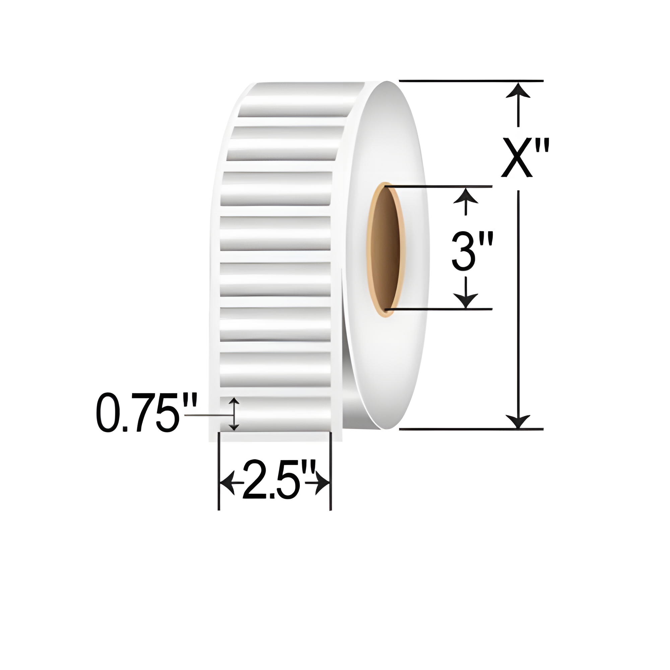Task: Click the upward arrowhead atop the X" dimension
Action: [518, 90]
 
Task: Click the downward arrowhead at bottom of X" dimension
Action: [518, 421]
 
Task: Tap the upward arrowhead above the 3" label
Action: [466, 196]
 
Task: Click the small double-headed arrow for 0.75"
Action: [235, 414]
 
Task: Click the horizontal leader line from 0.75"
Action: [208, 415]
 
